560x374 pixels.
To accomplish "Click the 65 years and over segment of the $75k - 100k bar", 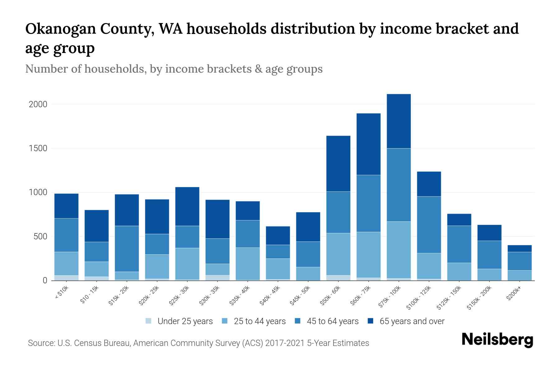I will click(399, 121).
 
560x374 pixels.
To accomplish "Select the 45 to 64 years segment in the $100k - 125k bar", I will click(429, 224).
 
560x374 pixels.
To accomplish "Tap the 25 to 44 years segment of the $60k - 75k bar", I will click(368, 255).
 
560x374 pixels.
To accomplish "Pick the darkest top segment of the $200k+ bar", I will click(520, 248).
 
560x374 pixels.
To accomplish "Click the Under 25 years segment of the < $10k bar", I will click(66, 278).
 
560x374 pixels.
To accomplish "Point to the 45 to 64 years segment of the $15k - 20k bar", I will click(127, 248).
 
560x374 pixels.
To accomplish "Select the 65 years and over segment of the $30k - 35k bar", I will click(217, 219).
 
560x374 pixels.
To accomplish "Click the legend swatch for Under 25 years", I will click(149, 321).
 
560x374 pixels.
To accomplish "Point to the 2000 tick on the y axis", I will click(38, 104).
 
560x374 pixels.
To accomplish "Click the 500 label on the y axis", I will click(40, 237).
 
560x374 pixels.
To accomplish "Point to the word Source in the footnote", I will click(41, 343).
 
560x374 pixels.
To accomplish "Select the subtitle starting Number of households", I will click(174, 69).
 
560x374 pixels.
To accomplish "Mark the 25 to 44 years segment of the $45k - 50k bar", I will click(308, 274).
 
